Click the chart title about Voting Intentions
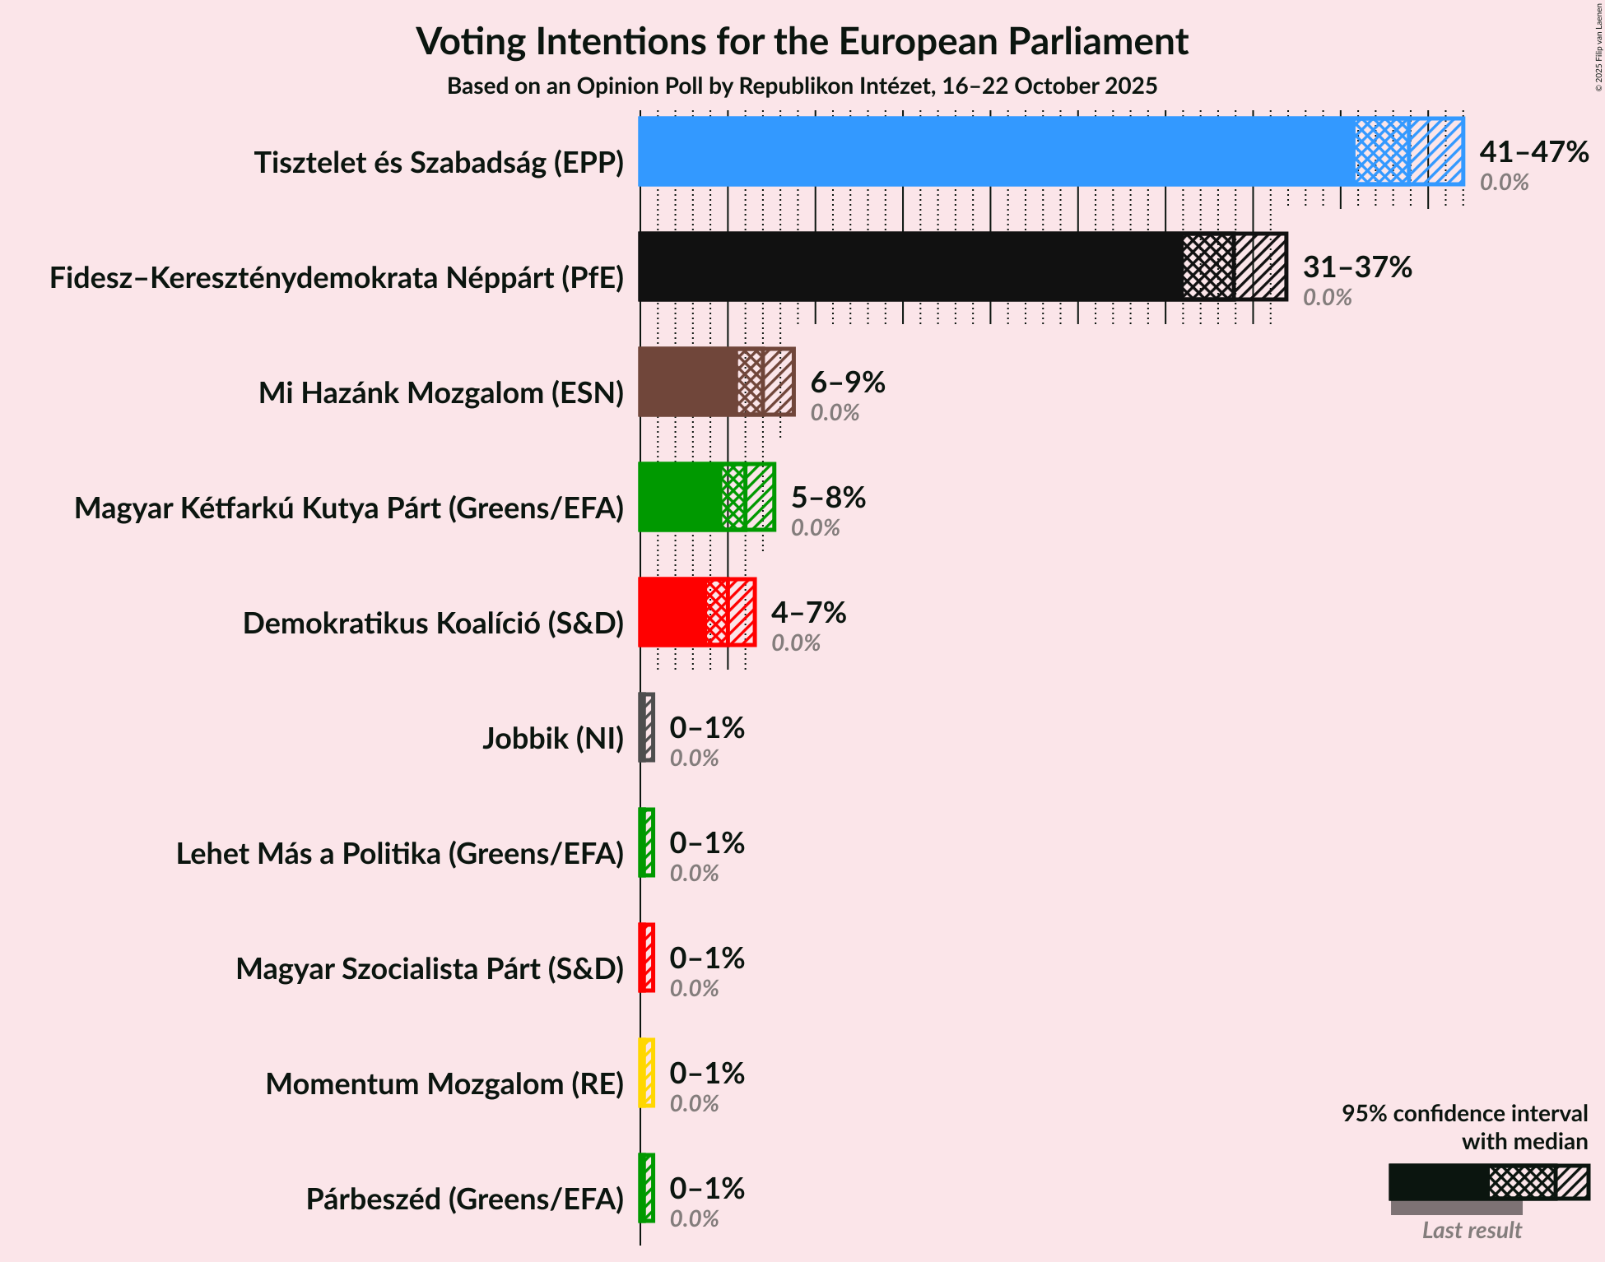[802, 41]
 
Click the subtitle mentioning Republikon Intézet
[802, 86]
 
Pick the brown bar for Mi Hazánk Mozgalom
[688, 382]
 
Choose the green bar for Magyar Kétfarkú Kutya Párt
[680, 497]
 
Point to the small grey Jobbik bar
[647, 727]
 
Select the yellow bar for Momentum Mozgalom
[647, 1073]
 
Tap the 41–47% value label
[1533, 152]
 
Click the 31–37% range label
[1357, 267]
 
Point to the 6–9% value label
[848, 383]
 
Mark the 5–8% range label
[828, 498]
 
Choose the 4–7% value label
[808, 613]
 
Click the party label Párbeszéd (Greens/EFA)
[465, 1199]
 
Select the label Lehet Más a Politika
[400, 854]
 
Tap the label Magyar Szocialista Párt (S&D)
[430, 969]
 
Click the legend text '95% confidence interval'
[1464, 1113]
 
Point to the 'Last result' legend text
[1472, 1230]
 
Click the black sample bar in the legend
[1439, 1182]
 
